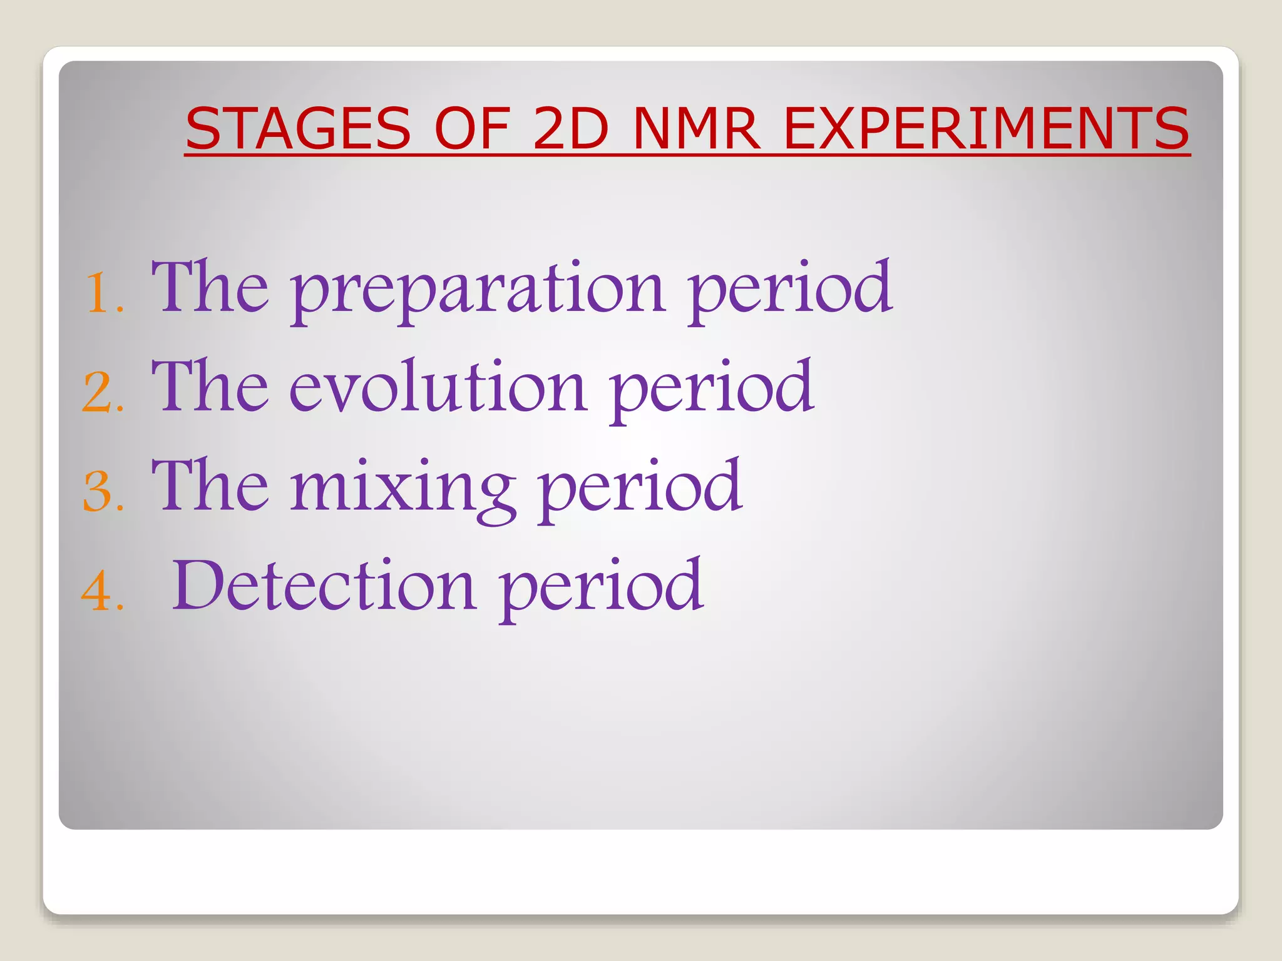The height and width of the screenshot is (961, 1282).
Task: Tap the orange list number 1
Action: [x=102, y=293]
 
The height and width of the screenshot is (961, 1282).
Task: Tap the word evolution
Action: [x=438, y=389]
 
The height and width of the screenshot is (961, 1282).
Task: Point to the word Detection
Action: [x=323, y=586]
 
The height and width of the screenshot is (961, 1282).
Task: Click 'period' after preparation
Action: [x=789, y=291]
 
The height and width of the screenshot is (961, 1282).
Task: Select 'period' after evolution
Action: [x=712, y=389]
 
